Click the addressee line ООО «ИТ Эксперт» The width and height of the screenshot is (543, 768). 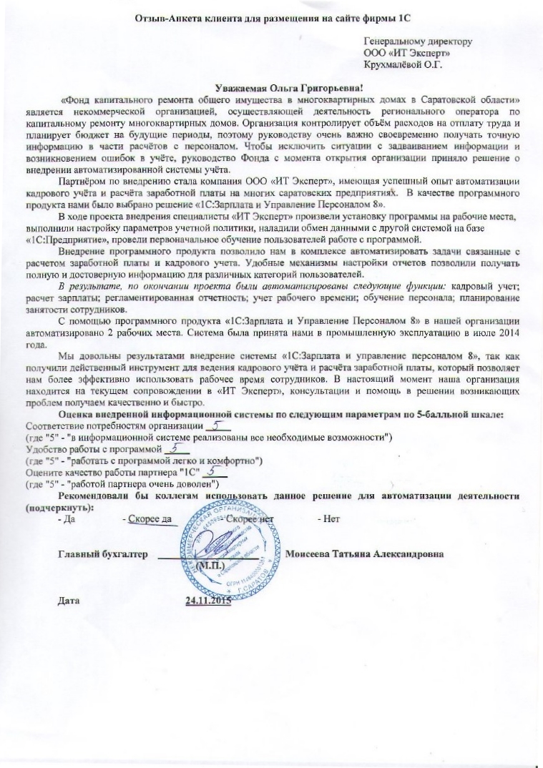407,54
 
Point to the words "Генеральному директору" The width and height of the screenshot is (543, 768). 419,42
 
